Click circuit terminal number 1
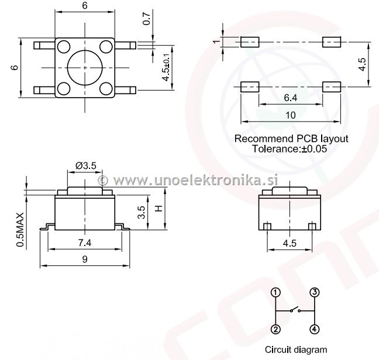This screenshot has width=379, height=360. click(276, 293)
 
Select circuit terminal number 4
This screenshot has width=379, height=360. click(315, 329)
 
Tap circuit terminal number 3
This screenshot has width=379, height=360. click(315, 292)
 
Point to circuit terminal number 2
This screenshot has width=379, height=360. click(276, 330)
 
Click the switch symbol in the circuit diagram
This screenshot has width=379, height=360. click(295, 310)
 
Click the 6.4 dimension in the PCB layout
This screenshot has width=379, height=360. click(290, 98)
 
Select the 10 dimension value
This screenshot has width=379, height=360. click(290, 115)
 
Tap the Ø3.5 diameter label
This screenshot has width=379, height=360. click(86, 165)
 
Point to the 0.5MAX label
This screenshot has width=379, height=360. click(20, 230)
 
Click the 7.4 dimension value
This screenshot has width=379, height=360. click(85, 243)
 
